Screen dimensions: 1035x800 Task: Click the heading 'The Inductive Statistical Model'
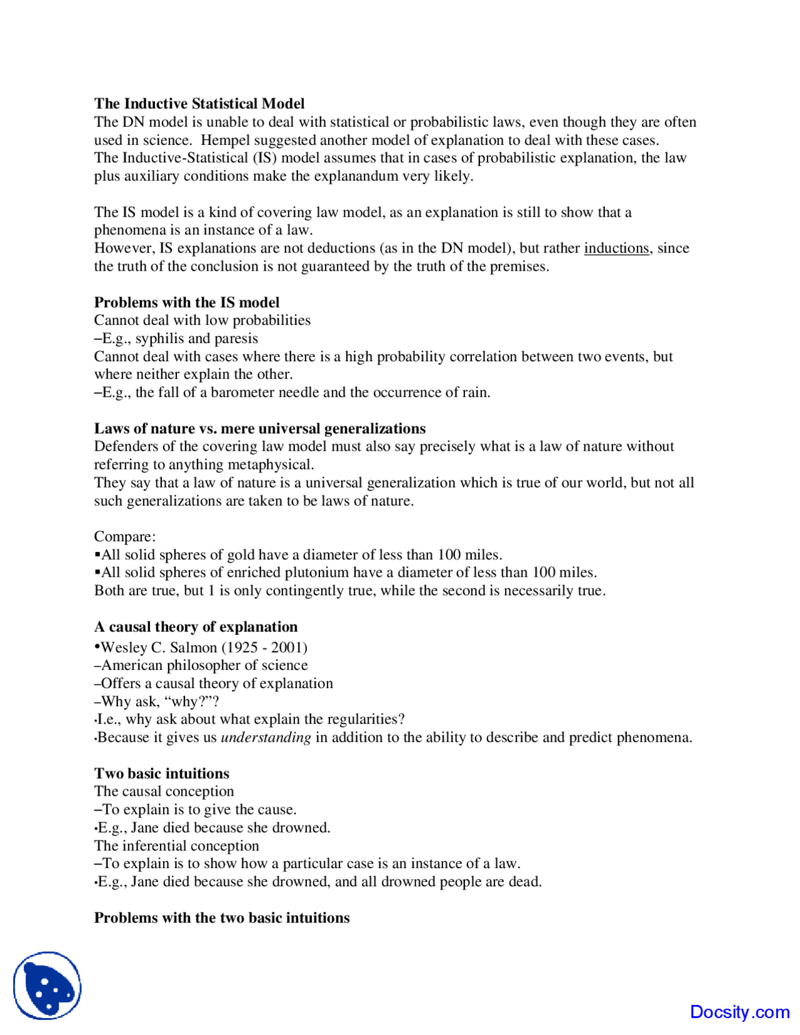click(x=199, y=104)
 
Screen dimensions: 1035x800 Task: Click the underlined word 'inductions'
click(x=616, y=248)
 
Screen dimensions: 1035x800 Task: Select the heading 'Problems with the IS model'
click(x=186, y=302)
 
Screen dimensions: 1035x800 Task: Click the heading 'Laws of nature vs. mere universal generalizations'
click(x=259, y=429)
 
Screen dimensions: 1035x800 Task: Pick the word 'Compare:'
click(x=125, y=537)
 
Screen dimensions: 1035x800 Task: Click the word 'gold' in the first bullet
click(x=241, y=555)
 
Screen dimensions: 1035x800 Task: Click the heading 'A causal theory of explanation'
click(x=196, y=627)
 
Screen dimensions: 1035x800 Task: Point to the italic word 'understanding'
click(x=266, y=737)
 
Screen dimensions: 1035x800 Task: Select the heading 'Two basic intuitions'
click(x=161, y=774)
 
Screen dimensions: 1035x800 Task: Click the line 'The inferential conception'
click(x=176, y=846)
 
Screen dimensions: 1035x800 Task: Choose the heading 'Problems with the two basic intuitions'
click(x=222, y=918)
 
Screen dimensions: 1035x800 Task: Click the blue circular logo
click(x=47, y=986)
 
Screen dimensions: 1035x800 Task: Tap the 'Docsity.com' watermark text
click(x=739, y=1012)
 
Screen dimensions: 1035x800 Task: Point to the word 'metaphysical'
click(x=270, y=465)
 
